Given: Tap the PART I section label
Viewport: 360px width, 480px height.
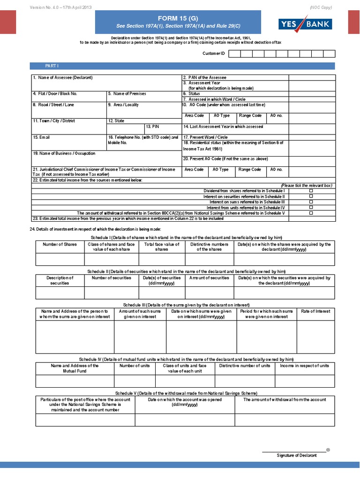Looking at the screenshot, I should pyautogui.click(x=52, y=67).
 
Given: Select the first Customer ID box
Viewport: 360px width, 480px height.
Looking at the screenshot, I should pyautogui.click(x=234, y=54).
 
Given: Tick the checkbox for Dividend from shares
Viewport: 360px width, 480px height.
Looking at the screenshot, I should pyautogui.click(x=311, y=191).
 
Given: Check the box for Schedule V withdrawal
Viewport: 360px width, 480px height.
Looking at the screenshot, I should pyautogui.click(x=311, y=213).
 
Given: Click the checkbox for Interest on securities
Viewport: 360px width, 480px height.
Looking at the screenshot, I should pyautogui.click(x=311, y=196).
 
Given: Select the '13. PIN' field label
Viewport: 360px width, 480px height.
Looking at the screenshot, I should pyautogui.click(x=153, y=127).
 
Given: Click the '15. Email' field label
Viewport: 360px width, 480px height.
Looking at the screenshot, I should pyautogui.click(x=41, y=137).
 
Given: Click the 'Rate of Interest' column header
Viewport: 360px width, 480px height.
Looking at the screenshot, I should pyautogui.click(x=315, y=311).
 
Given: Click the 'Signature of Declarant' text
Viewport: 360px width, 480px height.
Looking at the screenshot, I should pyautogui.click(x=296, y=456).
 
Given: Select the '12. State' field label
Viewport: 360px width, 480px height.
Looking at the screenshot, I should pyautogui.click(x=116, y=121).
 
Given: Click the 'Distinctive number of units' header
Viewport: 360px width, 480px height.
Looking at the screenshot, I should pyautogui.click(x=245, y=366).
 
